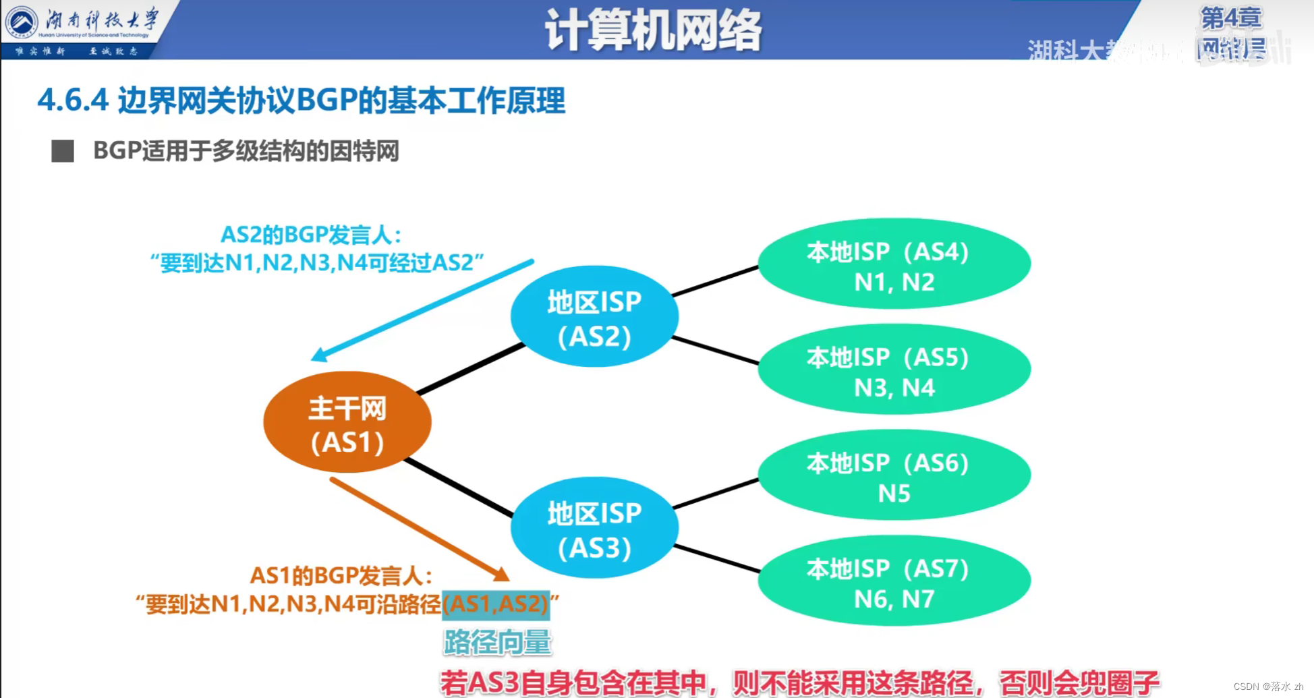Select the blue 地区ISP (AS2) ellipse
(594, 317)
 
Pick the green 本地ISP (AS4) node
(894, 264)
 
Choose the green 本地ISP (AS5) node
(894, 370)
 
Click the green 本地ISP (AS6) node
(894, 476)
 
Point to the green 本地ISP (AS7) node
(894, 581)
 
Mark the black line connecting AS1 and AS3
(459, 488)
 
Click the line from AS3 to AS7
(716, 558)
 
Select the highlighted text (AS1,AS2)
(496, 604)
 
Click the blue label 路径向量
(497, 642)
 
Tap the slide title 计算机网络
(653, 30)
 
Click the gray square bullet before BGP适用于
(63, 151)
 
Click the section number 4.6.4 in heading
(73, 100)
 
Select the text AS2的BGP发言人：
(311, 235)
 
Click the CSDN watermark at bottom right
(1267, 687)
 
